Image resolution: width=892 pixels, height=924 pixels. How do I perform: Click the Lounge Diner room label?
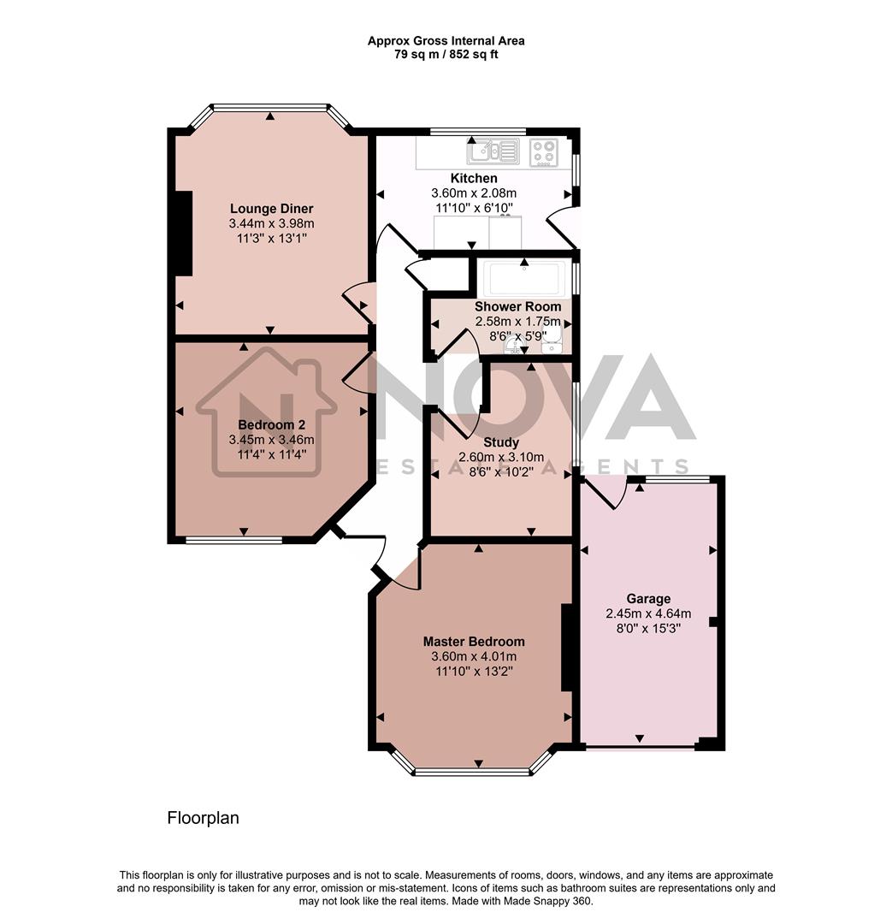coord(271,208)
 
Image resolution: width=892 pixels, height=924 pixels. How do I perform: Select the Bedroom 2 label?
coord(271,424)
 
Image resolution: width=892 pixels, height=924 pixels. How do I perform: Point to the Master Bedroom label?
coord(474,641)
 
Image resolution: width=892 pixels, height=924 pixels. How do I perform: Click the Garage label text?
coord(648,598)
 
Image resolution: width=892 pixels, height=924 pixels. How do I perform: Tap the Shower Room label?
coord(518,306)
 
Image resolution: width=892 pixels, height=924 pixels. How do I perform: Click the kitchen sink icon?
coord(493,152)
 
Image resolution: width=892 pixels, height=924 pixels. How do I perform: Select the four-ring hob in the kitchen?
coord(543,152)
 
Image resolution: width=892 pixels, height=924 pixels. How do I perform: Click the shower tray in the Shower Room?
coord(523,278)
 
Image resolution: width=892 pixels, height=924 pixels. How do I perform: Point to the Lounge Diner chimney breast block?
coord(182,233)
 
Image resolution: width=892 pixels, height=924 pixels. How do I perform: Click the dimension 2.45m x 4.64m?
coord(648,613)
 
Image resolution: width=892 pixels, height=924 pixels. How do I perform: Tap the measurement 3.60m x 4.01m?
coord(474,656)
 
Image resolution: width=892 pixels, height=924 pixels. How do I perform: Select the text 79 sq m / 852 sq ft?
coord(446,55)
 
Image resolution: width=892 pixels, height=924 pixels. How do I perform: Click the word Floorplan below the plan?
coord(203,818)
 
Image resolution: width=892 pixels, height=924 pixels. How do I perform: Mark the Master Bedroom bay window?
coord(473,772)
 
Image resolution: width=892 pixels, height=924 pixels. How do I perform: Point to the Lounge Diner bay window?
coord(270,108)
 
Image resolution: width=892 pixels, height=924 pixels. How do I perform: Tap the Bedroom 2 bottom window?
coord(233,540)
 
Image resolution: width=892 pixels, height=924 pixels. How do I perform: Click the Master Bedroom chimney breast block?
coord(565,648)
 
